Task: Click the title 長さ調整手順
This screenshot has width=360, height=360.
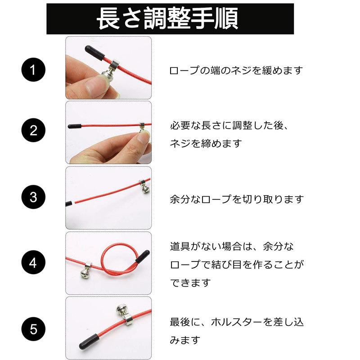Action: (x=170, y=18)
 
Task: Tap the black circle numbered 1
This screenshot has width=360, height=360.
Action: (x=33, y=71)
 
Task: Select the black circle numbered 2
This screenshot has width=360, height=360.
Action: (x=33, y=131)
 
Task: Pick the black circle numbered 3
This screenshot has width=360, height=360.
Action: (x=33, y=198)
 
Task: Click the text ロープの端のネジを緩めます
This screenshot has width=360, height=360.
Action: (x=236, y=71)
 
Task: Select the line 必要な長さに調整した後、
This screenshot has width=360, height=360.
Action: (x=229, y=126)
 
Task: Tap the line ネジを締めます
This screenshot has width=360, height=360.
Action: (x=206, y=144)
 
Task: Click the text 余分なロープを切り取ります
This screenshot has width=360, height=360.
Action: (x=237, y=198)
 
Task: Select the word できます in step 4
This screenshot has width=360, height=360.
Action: (x=190, y=283)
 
